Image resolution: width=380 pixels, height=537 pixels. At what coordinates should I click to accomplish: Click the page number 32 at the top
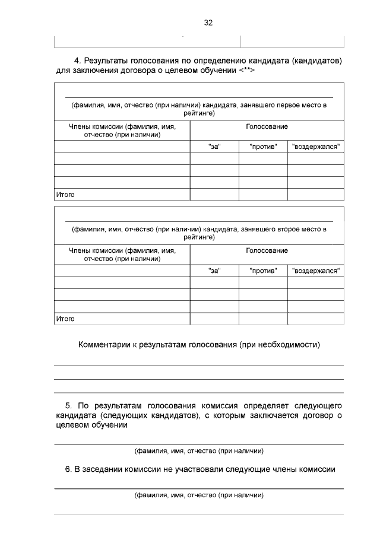click(208, 23)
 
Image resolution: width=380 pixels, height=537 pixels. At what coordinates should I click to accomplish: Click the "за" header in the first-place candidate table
click(214, 147)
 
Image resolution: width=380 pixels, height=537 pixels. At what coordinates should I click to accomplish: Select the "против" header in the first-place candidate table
click(263, 147)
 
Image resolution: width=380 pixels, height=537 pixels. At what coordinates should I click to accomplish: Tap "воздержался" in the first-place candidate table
click(316, 147)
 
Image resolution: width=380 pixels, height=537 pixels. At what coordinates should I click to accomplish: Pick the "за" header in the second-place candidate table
click(214, 271)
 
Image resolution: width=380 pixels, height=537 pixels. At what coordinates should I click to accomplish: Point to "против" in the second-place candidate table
click(263, 271)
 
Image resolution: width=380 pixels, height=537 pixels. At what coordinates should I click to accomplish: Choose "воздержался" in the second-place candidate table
click(316, 271)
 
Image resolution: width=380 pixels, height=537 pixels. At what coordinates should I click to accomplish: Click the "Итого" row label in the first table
click(65, 195)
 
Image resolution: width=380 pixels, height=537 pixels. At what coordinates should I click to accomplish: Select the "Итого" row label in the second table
click(65, 319)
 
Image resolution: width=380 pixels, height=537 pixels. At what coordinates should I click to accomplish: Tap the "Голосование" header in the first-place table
click(267, 127)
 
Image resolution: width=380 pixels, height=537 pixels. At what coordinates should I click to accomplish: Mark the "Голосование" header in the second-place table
click(267, 251)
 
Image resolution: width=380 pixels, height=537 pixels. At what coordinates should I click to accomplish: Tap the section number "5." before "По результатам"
click(69, 405)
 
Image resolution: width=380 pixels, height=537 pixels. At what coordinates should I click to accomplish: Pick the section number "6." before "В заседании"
click(69, 469)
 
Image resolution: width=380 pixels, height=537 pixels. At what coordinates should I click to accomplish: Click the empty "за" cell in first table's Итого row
click(214, 195)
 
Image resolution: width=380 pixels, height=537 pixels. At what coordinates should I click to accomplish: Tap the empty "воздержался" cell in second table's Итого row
click(316, 319)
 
